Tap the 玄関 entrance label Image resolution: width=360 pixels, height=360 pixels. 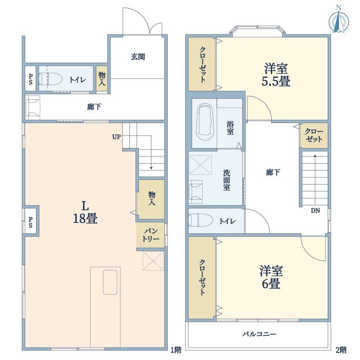click(138, 57)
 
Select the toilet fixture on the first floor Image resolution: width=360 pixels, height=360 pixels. click(51, 79)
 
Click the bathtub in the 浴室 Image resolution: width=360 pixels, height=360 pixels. click(204, 122)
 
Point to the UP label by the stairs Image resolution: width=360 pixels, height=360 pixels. click(116, 137)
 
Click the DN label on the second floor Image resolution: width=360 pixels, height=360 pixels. click(315, 211)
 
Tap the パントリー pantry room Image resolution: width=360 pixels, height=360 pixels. click(151, 235)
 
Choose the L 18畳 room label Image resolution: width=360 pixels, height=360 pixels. click(85, 212)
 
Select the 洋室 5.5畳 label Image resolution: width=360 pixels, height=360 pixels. click(276, 75)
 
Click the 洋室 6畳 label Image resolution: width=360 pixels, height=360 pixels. click(271, 277)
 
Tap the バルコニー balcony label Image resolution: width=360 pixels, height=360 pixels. click(259, 334)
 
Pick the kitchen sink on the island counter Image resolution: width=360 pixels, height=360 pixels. click(110, 282)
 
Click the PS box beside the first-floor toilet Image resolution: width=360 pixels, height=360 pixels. click(30, 79)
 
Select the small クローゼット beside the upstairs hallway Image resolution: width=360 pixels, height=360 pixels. click(313, 135)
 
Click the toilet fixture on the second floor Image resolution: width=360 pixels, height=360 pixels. click(200, 220)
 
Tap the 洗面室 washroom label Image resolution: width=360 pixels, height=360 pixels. click(227, 180)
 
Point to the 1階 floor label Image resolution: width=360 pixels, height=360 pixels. click(176, 350)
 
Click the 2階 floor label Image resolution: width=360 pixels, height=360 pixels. click(341, 350)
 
